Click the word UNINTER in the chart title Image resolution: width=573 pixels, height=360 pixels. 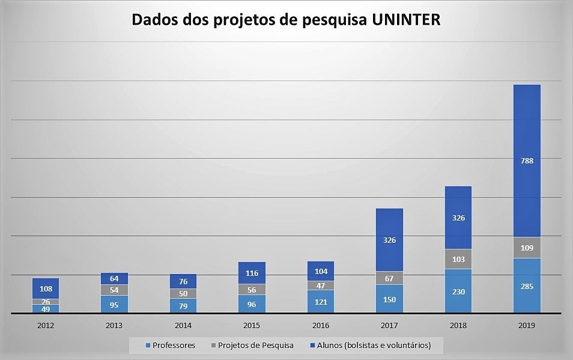[406, 20]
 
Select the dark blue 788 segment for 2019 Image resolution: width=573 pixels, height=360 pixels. [527, 160]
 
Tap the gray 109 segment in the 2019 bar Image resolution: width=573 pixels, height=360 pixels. [527, 248]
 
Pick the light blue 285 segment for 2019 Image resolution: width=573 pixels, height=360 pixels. [527, 285]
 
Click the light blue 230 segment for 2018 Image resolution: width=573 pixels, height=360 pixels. [458, 291]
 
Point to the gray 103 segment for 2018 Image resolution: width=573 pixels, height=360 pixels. [458, 259]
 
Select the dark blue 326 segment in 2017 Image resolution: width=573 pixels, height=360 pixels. [389, 240]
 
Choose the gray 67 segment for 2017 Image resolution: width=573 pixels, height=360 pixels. [389, 278]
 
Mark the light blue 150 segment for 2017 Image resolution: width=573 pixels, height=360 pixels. [389, 299]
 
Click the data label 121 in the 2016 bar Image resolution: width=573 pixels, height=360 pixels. [321, 302]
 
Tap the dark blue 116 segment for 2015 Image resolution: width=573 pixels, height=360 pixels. [252, 273]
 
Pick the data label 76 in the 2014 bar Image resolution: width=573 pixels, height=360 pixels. [183, 282]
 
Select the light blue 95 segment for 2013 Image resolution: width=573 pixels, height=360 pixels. [114, 304]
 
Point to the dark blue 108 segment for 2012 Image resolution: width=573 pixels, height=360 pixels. [46, 288]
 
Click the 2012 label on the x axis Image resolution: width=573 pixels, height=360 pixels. [46, 325]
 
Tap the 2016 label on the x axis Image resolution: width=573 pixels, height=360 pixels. [321, 325]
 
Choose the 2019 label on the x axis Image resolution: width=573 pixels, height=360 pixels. [527, 325]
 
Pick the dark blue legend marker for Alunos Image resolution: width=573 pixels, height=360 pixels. [312, 346]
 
